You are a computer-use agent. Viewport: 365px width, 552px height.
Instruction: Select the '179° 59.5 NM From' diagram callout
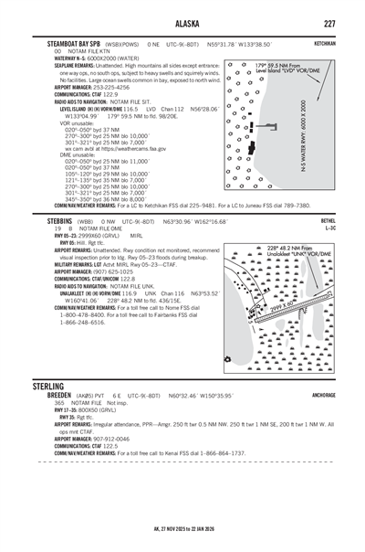click(277, 65)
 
